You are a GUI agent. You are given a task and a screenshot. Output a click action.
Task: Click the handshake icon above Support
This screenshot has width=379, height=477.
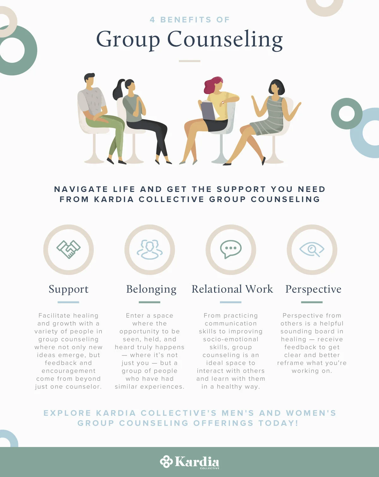(69, 249)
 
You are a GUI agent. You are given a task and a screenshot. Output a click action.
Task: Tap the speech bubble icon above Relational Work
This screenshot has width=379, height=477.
(231, 249)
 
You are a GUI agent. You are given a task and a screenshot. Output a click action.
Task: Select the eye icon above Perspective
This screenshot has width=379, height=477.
(312, 249)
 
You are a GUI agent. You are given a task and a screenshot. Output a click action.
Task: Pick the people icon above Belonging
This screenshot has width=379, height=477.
(149, 249)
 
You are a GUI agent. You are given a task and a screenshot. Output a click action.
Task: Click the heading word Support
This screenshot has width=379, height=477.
(69, 289)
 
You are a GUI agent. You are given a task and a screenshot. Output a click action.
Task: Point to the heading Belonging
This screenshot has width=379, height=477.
(151, 289)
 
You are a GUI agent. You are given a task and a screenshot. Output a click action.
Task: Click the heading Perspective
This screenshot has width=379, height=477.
(313, 289)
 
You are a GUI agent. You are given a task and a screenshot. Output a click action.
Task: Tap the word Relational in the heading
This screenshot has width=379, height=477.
(217, 289)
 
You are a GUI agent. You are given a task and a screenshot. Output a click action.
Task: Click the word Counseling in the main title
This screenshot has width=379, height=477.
(225, 40)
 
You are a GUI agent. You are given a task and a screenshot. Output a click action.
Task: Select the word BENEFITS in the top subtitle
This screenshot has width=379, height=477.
(186, 20)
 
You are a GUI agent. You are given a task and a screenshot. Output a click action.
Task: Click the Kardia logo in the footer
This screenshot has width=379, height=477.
(189, 462)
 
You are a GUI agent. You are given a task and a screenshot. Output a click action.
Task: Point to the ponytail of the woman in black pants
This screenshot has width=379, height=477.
(118, 90)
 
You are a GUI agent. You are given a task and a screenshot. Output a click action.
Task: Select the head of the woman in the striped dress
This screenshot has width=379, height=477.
(276, 87)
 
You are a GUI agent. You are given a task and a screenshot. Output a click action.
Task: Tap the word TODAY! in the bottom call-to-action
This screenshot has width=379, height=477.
(278, 423)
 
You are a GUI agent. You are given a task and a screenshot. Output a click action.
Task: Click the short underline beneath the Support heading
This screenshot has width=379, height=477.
(68, 302)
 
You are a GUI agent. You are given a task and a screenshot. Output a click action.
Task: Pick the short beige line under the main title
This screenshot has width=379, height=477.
(189, 61)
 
